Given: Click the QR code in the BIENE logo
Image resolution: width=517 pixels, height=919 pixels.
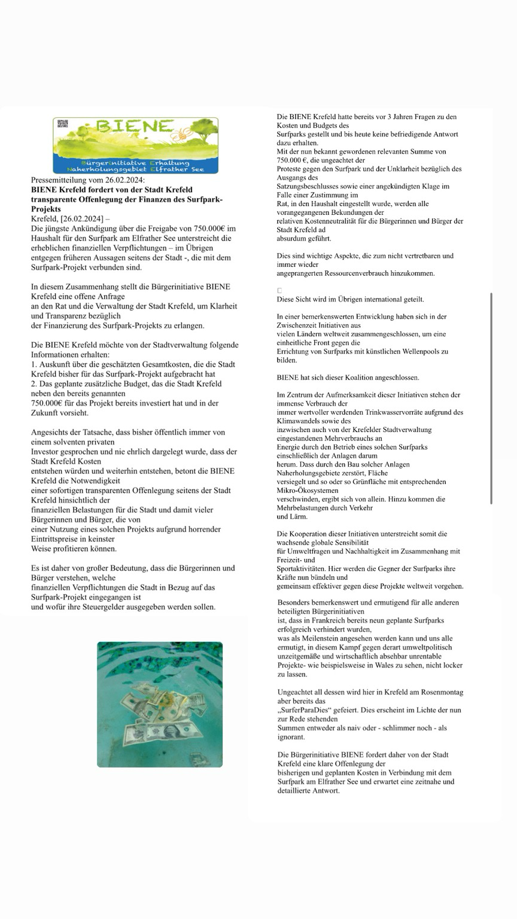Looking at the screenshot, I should coord(63,124).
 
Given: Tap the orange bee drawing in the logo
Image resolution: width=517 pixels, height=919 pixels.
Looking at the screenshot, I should coord(180,133).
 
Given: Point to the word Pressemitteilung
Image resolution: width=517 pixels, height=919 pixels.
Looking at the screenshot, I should coord(59,180).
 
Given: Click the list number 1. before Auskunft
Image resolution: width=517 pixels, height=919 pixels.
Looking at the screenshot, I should coord(34,364).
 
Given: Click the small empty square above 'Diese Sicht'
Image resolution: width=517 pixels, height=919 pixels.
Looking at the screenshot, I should coord(279,290).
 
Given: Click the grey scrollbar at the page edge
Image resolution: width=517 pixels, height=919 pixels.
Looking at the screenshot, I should coord(491,398).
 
